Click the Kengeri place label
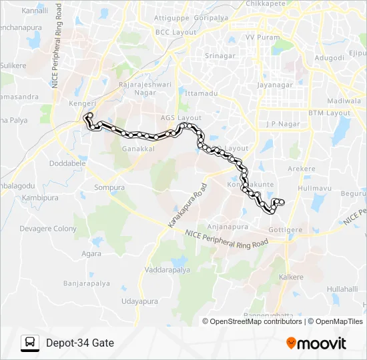[x=83, y=105]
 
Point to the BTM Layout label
[x=329, y=113]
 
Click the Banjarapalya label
[x=86, y=283]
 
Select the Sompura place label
[x=109, y=188]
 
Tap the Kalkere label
[x=291, y=277]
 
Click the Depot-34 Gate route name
[x=80, y=343]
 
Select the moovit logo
[x=316, y=343]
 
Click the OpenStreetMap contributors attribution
[x=256, y=321]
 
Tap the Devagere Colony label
[x=48, y=229]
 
